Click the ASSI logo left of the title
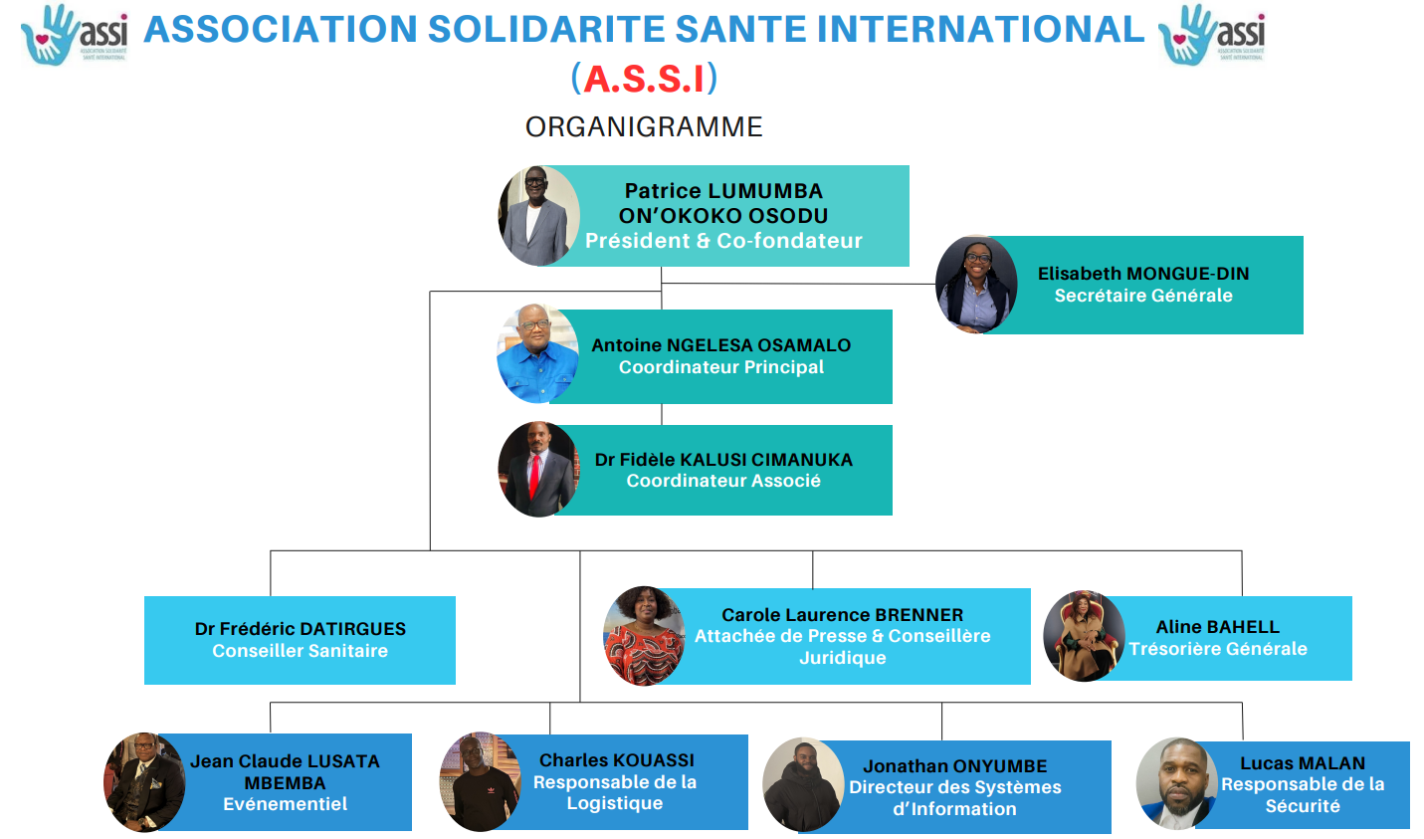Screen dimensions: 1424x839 pyautogui.click(x=75, y=35)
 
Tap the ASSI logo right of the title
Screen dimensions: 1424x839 pyautogui.click(x=1212, y=35)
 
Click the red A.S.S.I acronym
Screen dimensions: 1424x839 pyautogui.click(x=644, y=79)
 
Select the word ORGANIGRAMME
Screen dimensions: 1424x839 pyautogui.click(x=644, y=127)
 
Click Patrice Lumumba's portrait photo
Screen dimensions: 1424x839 pyautogui.click(x=538, y=216)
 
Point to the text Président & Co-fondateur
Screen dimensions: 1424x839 pyautogui.click(x=723, y=241)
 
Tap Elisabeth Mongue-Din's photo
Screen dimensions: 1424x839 pyautogui.click(x=976, y=285)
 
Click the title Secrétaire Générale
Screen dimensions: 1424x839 pyautogui.click(x=1143, y=296)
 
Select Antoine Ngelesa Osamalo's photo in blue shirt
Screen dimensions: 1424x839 pyautogui.click(x=537, y=354)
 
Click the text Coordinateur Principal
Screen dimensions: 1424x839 pyautogui.click(x=721, y=367)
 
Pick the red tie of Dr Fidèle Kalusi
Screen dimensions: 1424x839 pyautogui.click(x=535, y=477)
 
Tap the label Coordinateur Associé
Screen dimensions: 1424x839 pyautogui.click(x=723, y=481)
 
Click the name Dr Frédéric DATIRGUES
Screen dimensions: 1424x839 pyautogui.click(x=301, y=629)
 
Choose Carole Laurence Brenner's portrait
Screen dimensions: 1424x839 pyautogui.click(x=644, y=636)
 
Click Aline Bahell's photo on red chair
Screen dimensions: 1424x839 pyautogui.click(x=1083, y=636)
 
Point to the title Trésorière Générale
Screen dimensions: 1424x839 pyautogui.click(x=1218, y=649)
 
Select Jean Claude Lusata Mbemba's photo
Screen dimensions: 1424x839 pyautogui.click(x=145, y=782)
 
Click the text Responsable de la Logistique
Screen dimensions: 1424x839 pyautogui.click(x=615, y=792)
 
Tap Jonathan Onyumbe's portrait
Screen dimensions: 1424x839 pyautogui.click(x=803, y=784)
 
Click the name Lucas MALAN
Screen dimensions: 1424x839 pyautogui.click(x=1303, y=763)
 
